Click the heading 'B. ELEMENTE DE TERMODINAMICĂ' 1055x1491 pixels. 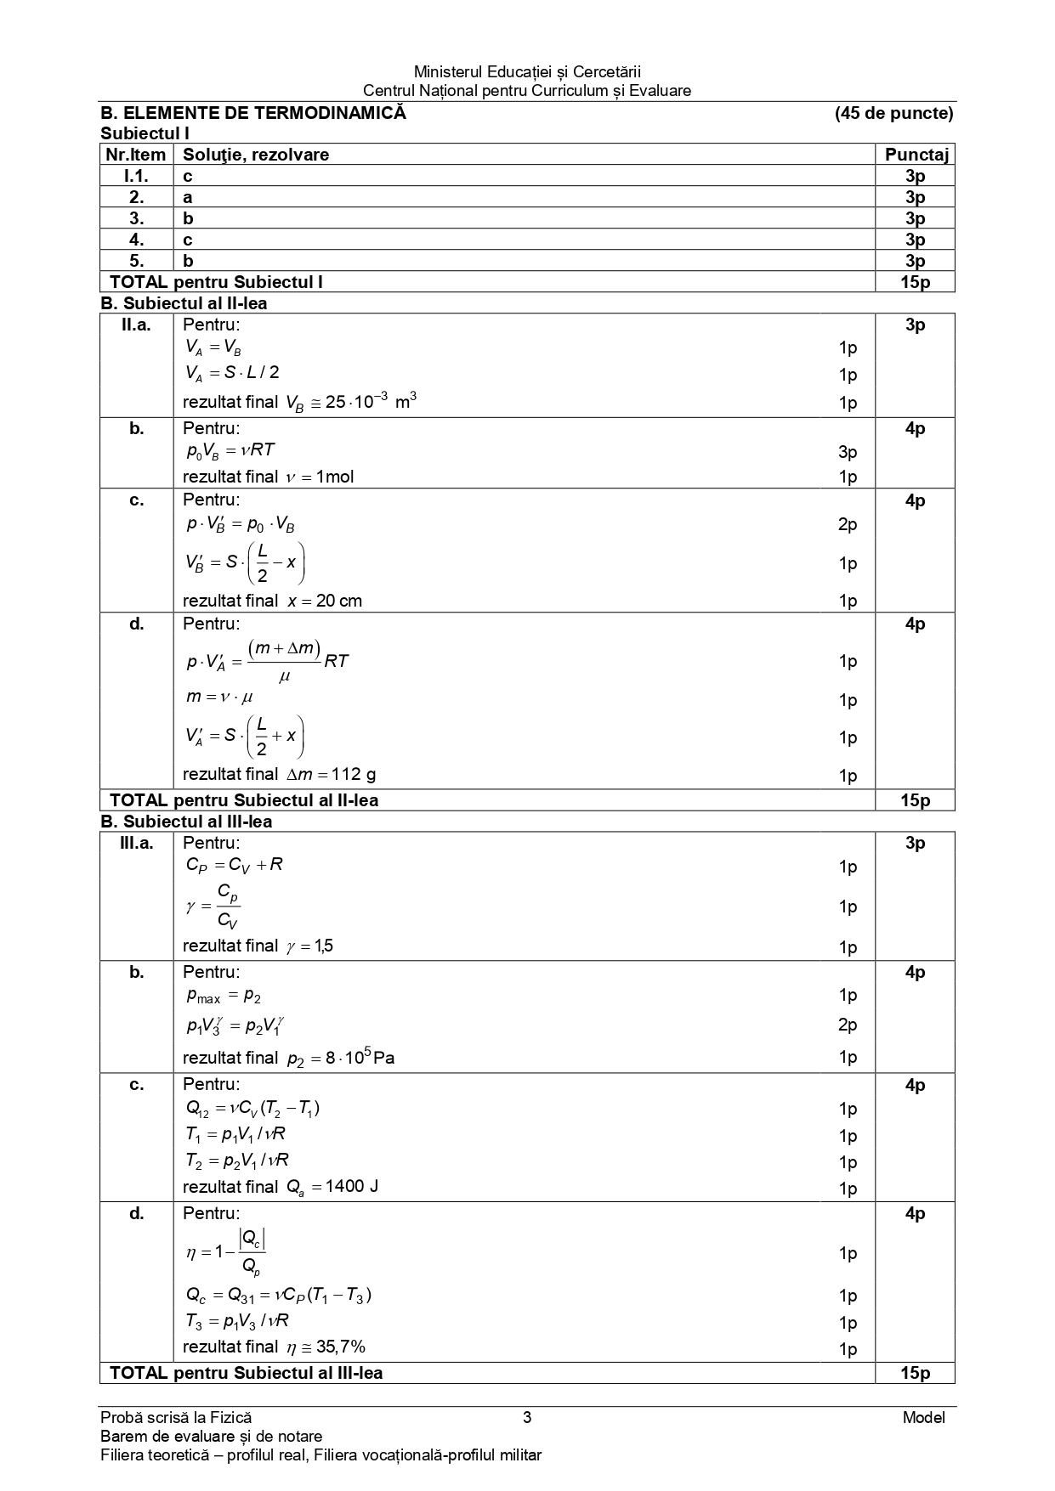(253, 113)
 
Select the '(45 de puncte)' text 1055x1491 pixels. (893, 113)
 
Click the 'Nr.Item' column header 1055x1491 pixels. (136, 155)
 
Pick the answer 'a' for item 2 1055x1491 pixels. (188, 197)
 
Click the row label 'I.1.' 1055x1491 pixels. (136, 176)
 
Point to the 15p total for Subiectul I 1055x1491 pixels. (915, 282)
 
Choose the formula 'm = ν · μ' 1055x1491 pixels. (219, 697)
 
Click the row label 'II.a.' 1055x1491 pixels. (136, 325)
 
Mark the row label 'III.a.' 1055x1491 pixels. (136, 843)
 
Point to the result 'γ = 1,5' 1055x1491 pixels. (309, 946)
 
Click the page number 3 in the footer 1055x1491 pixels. (527, 1417)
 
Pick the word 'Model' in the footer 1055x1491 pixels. (924, 1417)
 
